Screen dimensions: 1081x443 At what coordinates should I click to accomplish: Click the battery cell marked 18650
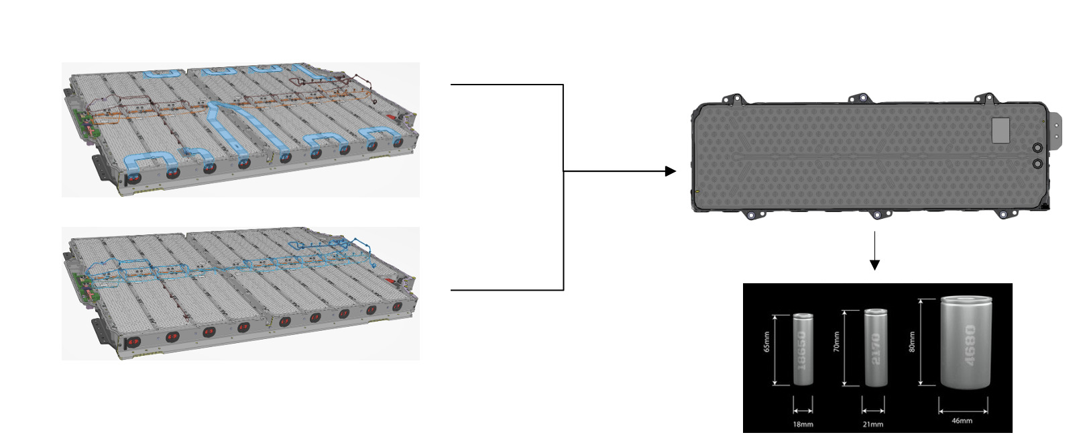point(803,349)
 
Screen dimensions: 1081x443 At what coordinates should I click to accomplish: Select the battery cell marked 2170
point(875,348)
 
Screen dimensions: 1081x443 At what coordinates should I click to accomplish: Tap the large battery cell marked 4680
point(966,342)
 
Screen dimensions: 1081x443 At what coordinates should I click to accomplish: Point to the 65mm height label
point(767,342)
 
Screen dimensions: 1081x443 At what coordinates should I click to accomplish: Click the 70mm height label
point(837,342)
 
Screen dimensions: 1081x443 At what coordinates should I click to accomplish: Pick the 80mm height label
point(912,342)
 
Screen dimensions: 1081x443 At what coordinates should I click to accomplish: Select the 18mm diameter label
point(803,424)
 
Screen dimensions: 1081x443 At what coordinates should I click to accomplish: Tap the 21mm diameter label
point(873,424)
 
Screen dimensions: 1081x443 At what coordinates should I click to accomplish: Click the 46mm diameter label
point(962,421)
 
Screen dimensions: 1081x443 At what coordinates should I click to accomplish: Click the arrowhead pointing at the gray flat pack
point(671,171)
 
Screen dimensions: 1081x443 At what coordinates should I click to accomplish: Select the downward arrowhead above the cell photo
point(874,264)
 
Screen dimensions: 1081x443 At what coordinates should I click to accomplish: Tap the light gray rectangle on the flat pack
point(1001,130)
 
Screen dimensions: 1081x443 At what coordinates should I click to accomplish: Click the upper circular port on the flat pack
point(1037,148)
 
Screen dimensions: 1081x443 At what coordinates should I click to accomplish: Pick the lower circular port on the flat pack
point(1037,164)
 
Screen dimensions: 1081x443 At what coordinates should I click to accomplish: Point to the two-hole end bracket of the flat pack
point(1056,130)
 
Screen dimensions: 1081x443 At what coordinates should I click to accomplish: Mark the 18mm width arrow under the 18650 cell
point(803,411)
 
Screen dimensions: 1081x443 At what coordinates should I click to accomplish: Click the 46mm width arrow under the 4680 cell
point(963,411)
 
